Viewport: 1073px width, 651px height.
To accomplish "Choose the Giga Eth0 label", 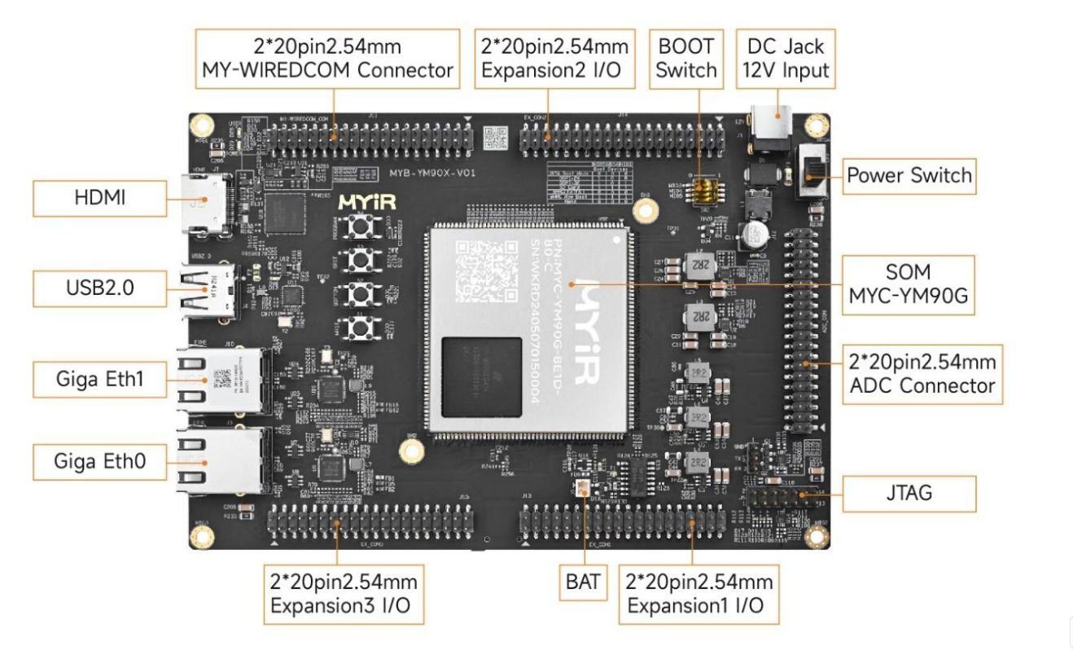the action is point(100,461).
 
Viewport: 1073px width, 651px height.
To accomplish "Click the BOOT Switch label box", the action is point(686,58).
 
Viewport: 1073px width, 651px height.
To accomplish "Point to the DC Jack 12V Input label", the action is point(785,58).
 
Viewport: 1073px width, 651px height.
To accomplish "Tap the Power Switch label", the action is point(909,175).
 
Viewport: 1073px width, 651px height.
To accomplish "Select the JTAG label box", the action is point(909,493).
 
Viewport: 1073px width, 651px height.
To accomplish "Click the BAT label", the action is point(583,581).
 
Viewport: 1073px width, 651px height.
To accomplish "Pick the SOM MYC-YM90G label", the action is point(907,284).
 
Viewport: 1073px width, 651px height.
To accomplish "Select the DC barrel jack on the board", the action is point(769,126).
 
